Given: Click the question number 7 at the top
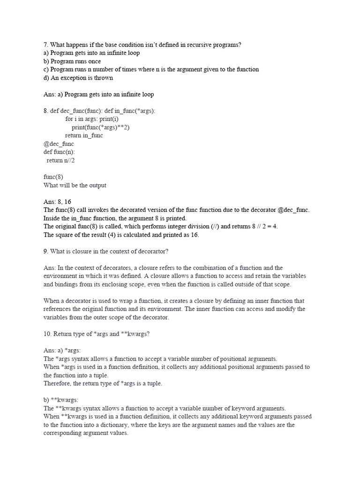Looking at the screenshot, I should (x=46, y=45).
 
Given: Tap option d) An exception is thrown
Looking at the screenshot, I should (x=78, y=78).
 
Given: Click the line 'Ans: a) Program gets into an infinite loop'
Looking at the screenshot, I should (x=98, y=94).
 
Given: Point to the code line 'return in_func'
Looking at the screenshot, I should (x=84, y=135).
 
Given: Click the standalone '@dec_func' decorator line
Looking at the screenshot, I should (x=59, y=144).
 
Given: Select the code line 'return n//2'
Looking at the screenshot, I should (x=60, y=160).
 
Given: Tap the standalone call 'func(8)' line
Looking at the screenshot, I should (x=53, y=177).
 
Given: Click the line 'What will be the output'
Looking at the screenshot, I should (x=75, y=185).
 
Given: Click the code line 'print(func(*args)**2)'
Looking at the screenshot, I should (x=100, y=127).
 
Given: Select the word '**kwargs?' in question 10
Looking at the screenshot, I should (x=136, y=334).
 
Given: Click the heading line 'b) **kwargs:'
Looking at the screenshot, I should (x=61, y=400).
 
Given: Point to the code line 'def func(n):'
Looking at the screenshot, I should (x=59, y=152).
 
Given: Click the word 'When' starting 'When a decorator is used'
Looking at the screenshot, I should (x=52, y=301).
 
